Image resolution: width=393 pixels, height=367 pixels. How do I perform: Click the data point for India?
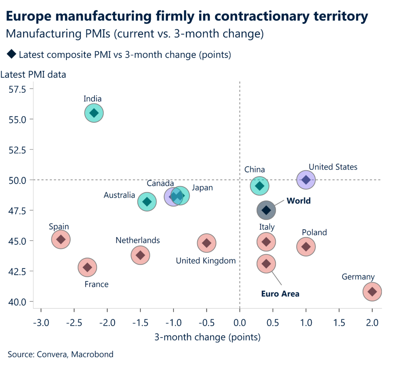tap(94, 113)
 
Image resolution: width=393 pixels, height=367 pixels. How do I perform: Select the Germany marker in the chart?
tap(372, 292)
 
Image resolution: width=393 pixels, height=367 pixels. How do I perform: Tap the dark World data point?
tap(266, 210)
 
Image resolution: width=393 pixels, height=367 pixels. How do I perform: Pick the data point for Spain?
tap(61, 239)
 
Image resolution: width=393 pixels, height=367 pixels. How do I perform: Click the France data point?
tap(88, 267)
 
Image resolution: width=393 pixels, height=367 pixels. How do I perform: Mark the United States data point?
tap(306, 180)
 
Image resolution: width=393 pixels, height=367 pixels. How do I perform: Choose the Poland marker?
tap(306, 247)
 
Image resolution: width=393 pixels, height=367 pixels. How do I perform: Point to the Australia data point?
tap(147, 202)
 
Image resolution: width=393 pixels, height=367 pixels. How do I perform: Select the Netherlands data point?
tap(140, 255)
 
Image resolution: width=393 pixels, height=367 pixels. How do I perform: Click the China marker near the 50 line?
tap(259, 186)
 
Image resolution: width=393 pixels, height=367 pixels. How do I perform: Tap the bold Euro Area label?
tap(280, 294)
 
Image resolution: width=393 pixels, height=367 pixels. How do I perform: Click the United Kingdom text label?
tap(206, 261)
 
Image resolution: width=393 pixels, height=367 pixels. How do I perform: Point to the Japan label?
tap(202, 188)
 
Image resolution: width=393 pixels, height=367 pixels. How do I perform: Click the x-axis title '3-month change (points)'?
tap(207, 337)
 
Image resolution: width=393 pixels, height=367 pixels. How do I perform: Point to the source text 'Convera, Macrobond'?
tap(75, 354)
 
